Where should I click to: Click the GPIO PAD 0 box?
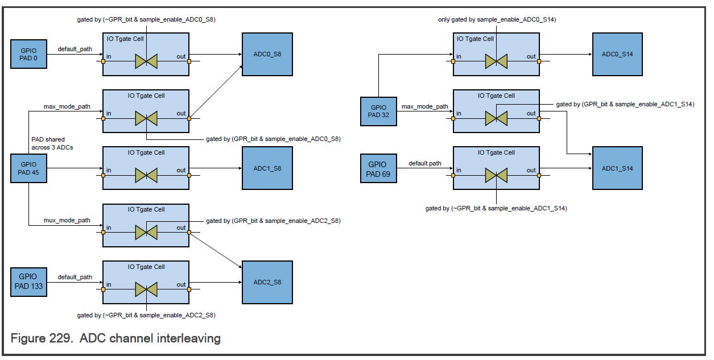[28, 54]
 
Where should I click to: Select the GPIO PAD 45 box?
[28, 168]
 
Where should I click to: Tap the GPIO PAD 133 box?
[28, 282]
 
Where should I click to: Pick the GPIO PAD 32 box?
[378, 111]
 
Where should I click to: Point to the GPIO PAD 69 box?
[378, 168]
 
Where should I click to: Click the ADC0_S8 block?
[267, 54]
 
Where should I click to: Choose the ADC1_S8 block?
[267, 168]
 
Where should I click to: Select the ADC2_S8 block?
[267, 282]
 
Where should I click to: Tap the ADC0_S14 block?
[617, 54]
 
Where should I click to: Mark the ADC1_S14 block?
[617, 168]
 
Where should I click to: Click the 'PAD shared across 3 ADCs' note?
[52, 143]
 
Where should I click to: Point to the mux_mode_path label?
[67, 220]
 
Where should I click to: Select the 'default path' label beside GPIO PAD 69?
[425, 163]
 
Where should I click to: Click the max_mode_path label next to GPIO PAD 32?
[425, 106]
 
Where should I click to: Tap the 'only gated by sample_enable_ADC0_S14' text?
[497, 19]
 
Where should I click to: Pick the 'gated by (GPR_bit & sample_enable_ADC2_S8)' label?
[273, 221]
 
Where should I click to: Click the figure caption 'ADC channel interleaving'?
[150, 338]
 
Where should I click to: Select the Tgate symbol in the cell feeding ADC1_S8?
[146, 175]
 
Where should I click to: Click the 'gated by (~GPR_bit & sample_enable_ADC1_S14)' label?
[496, 208]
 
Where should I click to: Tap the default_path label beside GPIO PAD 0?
[75, 49]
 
